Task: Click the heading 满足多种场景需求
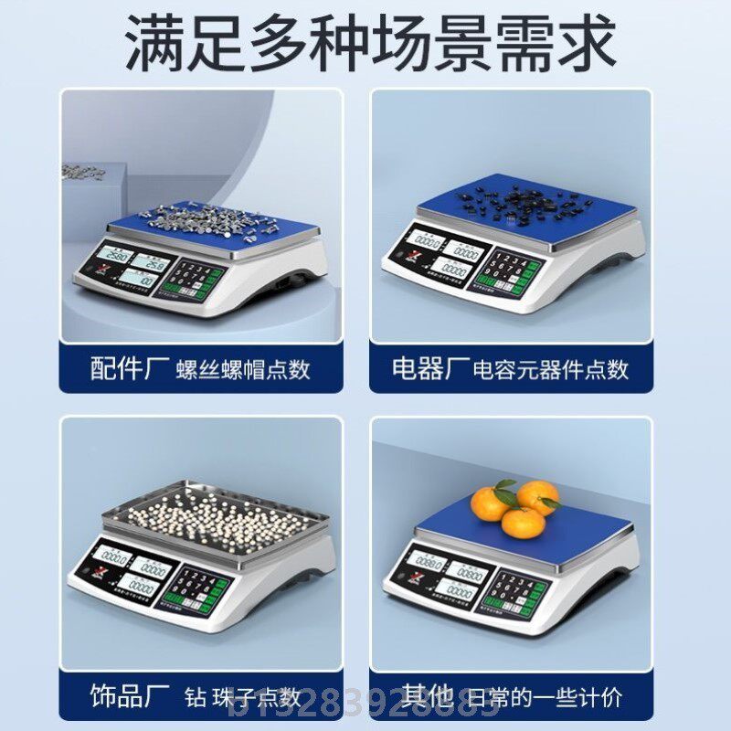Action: coord(365,40)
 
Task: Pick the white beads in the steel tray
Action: coord(216,516)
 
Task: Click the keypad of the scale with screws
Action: coord(196,278)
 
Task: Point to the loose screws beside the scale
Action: coord(83,171)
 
